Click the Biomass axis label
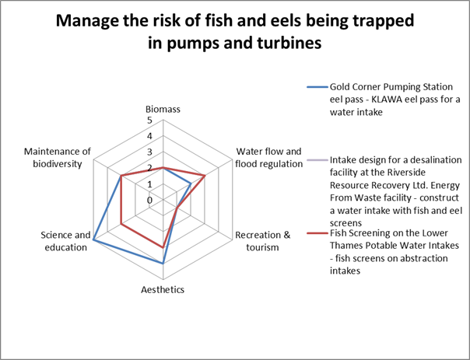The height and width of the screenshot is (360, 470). (163, 110)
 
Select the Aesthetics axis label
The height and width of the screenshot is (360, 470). (163, 289)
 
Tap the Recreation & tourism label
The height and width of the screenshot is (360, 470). (262, 241)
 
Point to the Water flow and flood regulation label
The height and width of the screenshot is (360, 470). (269, 158)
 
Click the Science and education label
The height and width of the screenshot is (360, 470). (65, 241)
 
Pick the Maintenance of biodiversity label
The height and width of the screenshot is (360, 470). (58, 158)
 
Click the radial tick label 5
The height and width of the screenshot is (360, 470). (149, 121)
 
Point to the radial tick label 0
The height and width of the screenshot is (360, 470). (149, 200)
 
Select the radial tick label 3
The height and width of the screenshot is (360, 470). (149, 152)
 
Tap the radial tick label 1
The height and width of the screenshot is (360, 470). (149, 184)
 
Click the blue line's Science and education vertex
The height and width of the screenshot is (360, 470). (93, 240)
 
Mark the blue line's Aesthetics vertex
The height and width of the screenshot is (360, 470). (163, 264)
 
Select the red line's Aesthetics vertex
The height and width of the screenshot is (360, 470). (163, 248)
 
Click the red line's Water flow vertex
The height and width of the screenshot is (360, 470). (205, 176)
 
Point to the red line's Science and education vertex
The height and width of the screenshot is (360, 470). (121, 224)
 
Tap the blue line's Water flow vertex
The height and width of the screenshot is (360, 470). (191, 183)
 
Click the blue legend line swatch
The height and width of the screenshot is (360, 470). (317, 87)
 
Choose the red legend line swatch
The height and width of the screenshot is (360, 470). (317, 233)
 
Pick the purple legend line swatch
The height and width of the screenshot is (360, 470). (317, 160)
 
